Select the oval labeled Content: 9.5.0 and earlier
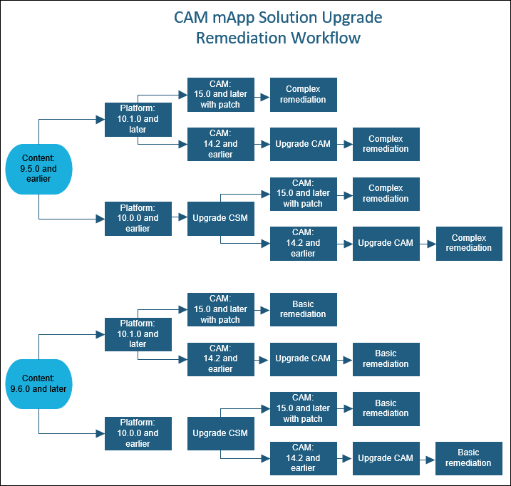click(38, 169)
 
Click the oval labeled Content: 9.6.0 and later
click(38, 383)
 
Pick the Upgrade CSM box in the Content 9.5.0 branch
click(220, 218)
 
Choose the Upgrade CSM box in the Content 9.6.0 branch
click(220, 433)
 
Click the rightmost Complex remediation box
click(469, 243)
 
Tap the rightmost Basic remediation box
click(469, 457)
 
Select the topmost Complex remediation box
click(303, 94)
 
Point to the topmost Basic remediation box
click(303, 309)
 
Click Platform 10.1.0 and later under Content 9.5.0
click(138, 119)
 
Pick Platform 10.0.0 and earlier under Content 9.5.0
click(138, 218)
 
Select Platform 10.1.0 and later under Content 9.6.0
click(138, 334)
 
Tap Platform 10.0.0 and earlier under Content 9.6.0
click(138, 433)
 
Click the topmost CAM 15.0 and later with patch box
click(220, 94)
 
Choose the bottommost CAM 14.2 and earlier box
click(303, 457)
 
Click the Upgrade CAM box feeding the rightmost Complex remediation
click(386, 243)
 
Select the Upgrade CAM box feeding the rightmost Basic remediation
click(386, 457)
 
